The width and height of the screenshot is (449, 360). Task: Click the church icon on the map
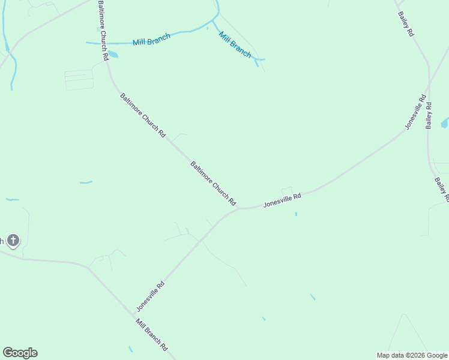click(x=13, y=241)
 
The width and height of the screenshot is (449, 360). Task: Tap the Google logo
click(x=20, y=353)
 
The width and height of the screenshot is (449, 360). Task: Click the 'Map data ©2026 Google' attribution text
click(x=412, y=355)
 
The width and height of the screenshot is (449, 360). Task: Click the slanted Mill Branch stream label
click(x=235, y=44)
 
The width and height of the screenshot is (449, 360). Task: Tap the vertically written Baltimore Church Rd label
click(x=102, y=30)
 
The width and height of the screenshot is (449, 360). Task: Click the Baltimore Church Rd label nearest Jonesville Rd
click(x=213, y=184)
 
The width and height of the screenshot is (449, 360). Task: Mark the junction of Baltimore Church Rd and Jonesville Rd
click(x=239, y=209)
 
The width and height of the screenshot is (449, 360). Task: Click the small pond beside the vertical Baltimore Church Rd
click(x=113, y=55)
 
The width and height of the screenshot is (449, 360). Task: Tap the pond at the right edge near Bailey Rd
click(x=445, y=124)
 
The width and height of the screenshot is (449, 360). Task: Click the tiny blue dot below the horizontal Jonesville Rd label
click(x=296, y=214)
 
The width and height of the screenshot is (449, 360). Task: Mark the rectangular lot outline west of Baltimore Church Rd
click(x=79, y=80)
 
